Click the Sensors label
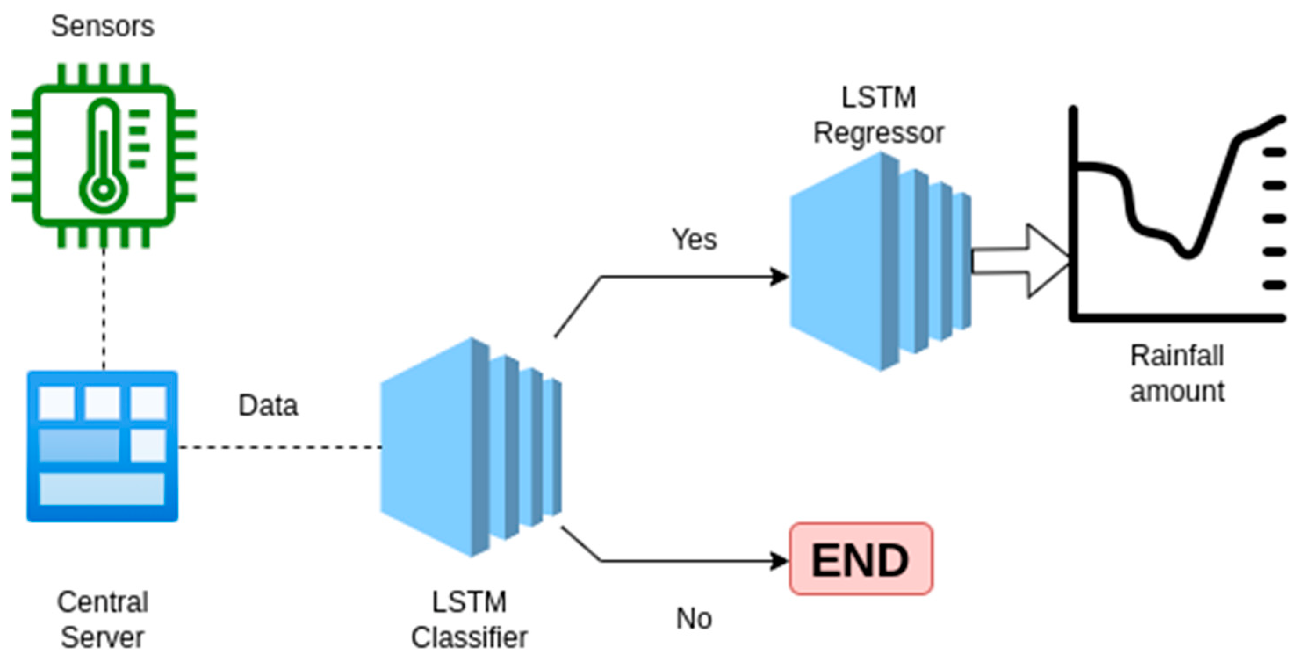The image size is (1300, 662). (x=102, y=26)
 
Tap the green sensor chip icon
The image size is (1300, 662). (x=104, y=156)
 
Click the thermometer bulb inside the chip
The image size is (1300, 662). (x=104, y=190)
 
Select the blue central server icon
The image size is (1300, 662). (x=102, y=446)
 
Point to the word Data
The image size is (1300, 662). (x=268, y=405)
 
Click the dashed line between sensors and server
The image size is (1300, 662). (x=104, y=308)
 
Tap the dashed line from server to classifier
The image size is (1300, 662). (x=280, y=447)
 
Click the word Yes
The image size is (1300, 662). (x=694, y=239)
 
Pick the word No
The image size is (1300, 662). (x=694, y=618)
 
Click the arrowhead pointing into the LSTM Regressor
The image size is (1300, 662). (x=780, y=277)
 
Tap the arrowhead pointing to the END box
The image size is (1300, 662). (x=780, y=561)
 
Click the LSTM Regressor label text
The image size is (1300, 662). (x=879, y=115)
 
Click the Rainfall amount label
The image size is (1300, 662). (x=1177, y=374)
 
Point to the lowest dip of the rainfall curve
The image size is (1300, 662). (x=1189, y=253)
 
